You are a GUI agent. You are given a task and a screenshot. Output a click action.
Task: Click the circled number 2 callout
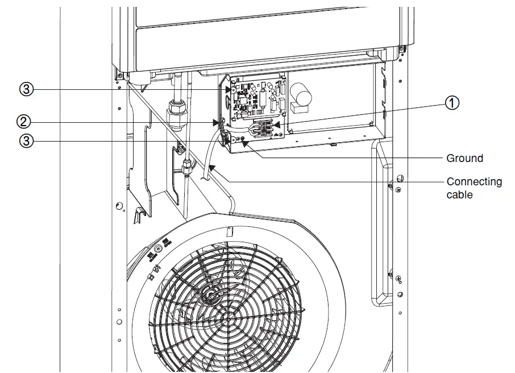coord(24,121)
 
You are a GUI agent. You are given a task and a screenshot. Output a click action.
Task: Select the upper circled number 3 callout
coord(24,89)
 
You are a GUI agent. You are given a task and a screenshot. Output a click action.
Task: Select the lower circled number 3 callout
coord(24,141)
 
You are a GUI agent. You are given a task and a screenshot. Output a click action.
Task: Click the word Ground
coord(464,159)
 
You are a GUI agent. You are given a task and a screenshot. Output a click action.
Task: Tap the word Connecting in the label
coord(474,182)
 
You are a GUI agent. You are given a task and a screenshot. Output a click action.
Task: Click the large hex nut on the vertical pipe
coord(176,108)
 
